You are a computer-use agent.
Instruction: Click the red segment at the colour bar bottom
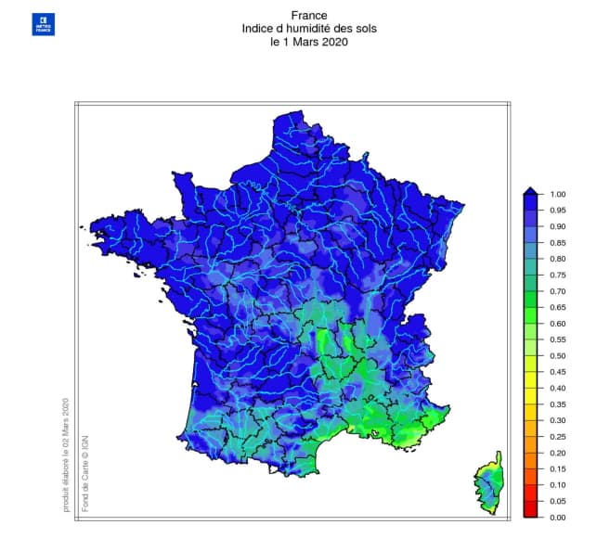point(530,508)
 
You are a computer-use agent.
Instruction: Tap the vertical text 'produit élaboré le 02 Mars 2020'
point(66,455)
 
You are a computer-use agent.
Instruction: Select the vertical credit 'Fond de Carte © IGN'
point(84,471)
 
